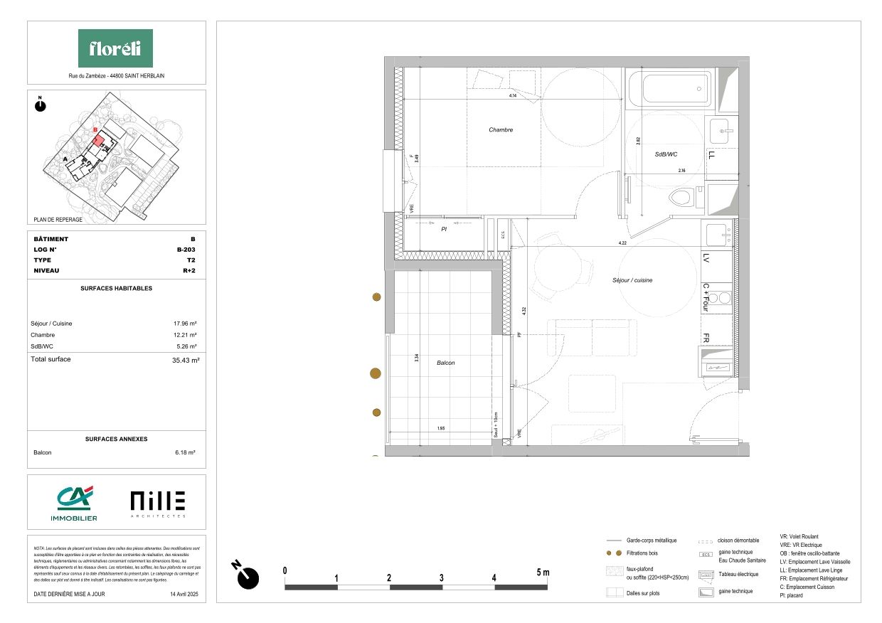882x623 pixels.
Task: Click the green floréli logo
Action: point(115,48)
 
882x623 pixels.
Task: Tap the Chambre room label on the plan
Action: point(501,130)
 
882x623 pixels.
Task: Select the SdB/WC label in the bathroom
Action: point(665,154)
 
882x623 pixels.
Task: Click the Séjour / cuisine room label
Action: point(632,280)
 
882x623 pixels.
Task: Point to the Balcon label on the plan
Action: point(445,363)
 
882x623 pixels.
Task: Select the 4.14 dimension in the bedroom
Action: point(512,95)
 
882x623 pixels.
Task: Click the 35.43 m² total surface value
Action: point(184,361)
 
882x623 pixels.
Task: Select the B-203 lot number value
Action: point(186,250)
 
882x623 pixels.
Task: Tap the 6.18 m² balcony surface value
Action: point(185,452)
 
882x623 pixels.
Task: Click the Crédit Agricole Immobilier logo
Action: point(74,503)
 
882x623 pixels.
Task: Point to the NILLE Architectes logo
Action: point(158,503)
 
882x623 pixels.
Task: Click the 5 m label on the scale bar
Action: point(543,572)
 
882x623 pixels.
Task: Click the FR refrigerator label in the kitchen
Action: point(707,338)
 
